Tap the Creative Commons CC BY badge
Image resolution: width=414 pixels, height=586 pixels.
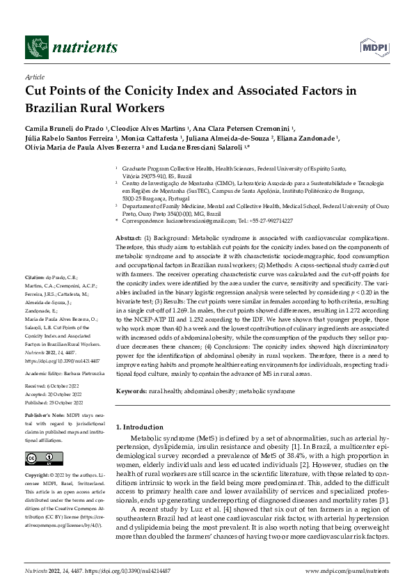point(35,458)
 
